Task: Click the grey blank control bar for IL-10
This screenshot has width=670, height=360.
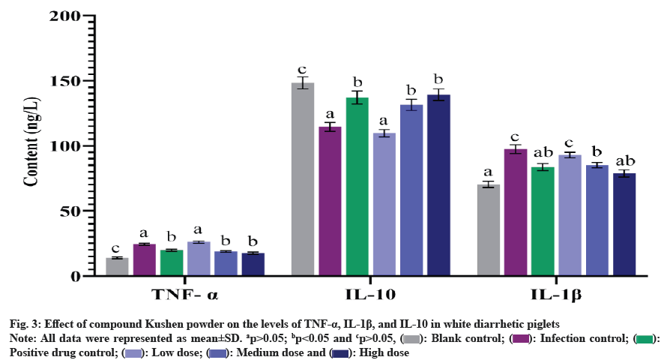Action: tap(303, 180)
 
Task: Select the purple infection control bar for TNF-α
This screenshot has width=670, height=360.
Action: tap(145, 260)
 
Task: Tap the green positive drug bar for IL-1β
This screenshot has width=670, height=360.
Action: tap(543, 222)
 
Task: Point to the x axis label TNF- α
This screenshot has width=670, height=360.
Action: tap(185, 294)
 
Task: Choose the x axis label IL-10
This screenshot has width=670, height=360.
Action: tap(371, 294)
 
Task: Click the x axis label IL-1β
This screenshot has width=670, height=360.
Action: tap(556, 294)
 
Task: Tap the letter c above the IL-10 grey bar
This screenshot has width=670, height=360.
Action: tap(303, 69)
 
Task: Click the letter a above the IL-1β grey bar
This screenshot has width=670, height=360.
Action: tap(489, 172)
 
